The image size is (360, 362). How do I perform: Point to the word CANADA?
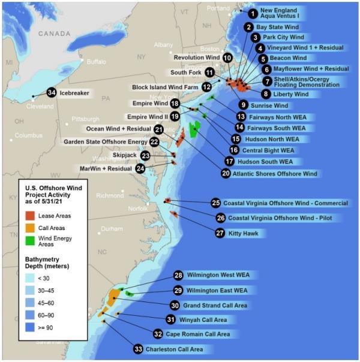55,34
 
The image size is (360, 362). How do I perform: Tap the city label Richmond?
109,195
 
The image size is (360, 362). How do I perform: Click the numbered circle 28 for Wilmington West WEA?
178,276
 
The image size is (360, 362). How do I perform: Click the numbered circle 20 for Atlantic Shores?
226,174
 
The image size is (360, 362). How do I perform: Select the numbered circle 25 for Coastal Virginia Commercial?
216,203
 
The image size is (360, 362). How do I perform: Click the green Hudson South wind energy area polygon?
194,129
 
